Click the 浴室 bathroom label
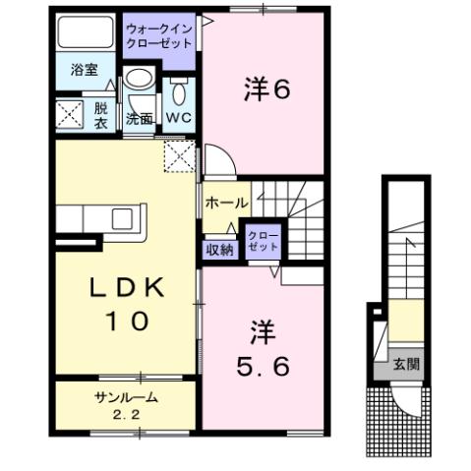click(84, 71)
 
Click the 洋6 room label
click(265, 89)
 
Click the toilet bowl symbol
click(180, 93)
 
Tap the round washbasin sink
click(139, 82)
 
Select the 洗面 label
click(139, 119)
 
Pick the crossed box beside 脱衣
click(71, 115)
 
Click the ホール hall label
click(225, 203)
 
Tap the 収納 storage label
click(219, 249)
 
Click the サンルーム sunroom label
click(127, 396)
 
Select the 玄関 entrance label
click(406, 363)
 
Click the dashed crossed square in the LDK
click(180, 155)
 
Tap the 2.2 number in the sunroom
click(127, 414)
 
